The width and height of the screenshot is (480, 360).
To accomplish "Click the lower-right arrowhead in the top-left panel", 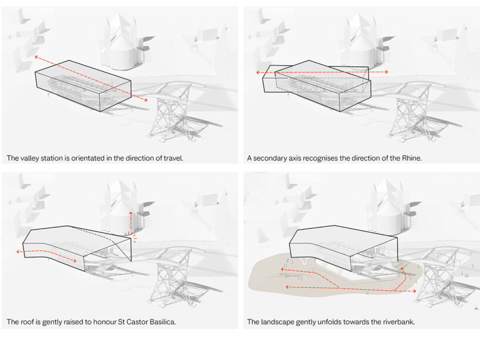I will tap(146, 100).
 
